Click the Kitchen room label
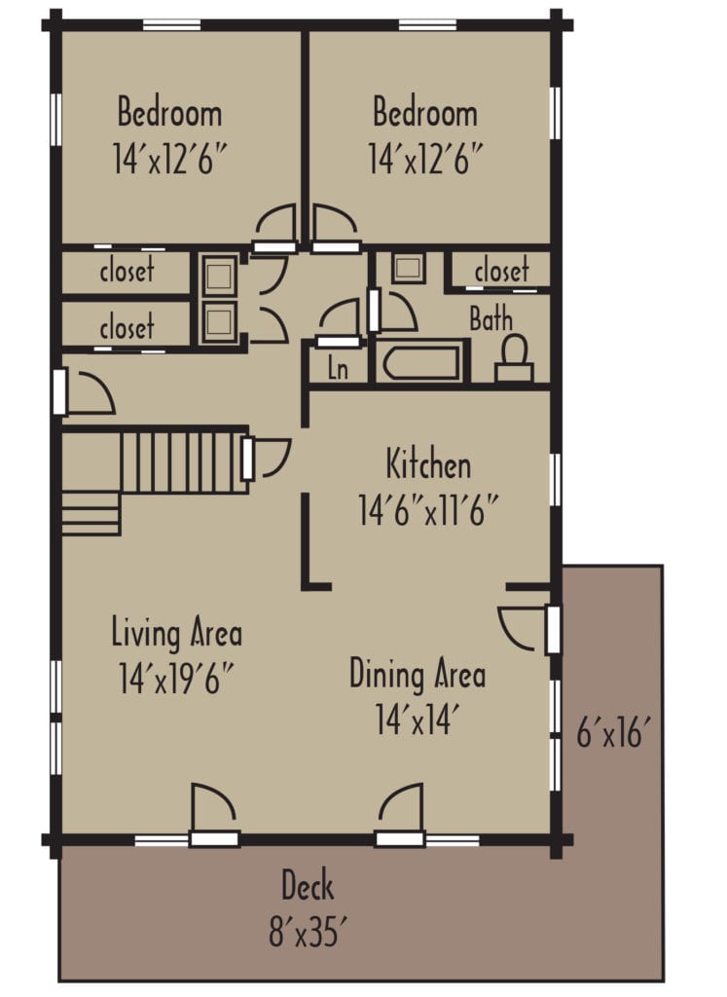pos(428,464)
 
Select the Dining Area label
pos(418,674)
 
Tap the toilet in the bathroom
pos(514,359)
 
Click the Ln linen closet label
pos(337,370)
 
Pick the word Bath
pos(491,318)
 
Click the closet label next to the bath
pos(501,271)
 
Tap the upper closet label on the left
pos(127,271)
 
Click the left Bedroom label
pos(169,113)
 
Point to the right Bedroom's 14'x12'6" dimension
pos(425,159)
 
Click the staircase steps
pos(175,463)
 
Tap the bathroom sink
pos(408,268)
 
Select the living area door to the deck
pos(213,813)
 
